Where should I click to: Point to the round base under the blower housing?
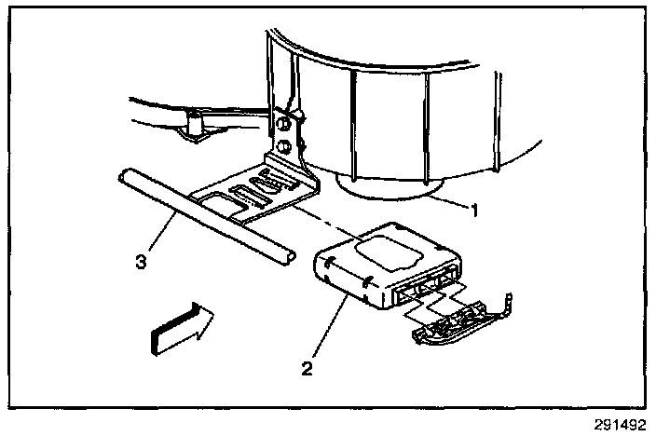tap(387, 192)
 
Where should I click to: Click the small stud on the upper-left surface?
tap(193, 122)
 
